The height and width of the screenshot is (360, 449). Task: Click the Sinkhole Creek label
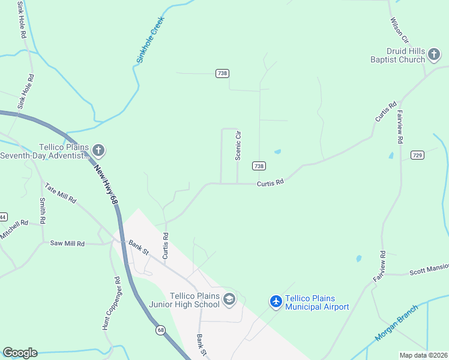pos(149,41)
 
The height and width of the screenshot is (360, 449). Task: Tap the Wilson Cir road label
pos(399,29)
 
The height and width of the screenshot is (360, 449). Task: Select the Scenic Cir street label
pos(238,145)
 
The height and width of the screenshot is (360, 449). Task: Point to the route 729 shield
pos(417,155)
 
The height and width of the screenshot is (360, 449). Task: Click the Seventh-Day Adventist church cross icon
pos(98,149)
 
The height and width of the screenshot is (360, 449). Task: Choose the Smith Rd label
pos(43,211)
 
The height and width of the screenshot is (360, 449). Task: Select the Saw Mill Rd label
pos(67,244)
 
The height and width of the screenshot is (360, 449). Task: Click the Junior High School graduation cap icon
pos(229,299)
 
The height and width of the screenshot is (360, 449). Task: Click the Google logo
pos(20,353)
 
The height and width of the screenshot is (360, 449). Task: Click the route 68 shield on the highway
pos(161,330)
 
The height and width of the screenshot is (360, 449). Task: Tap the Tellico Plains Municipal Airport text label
pos(317,303)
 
